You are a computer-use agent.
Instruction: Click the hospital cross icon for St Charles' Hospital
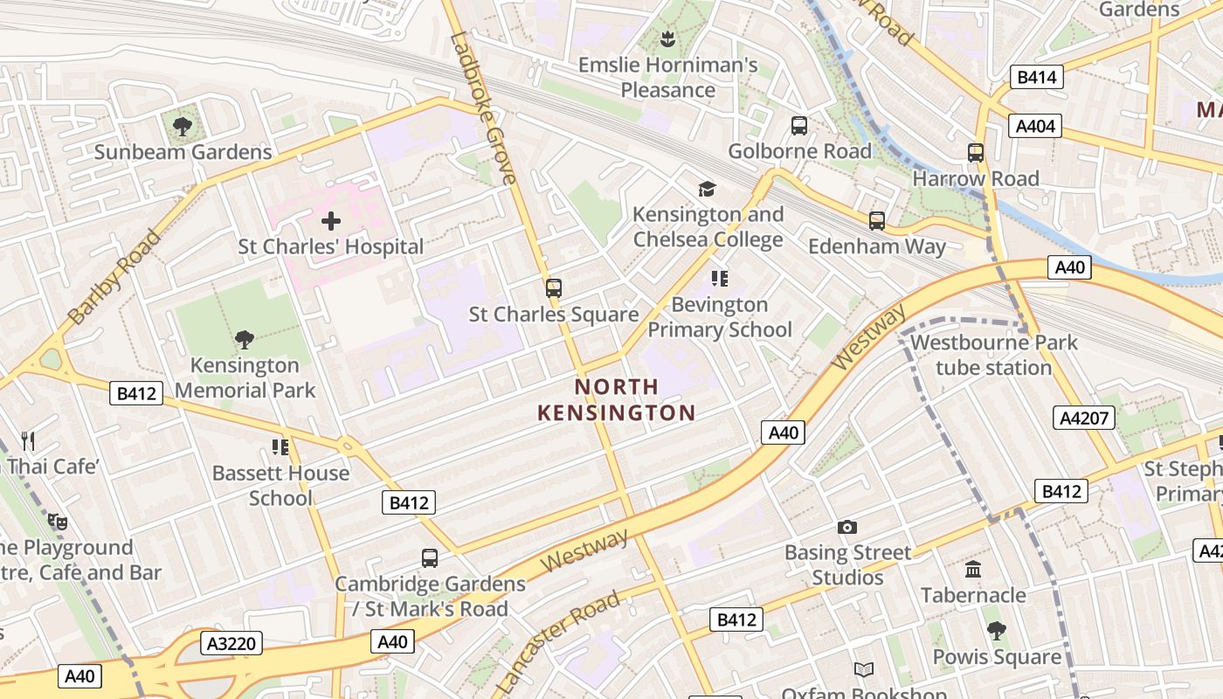tap(331, 221)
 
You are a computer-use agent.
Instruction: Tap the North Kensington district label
tap(617, 399)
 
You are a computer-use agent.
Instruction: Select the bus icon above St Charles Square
tap(553, 288)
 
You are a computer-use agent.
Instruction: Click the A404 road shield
tap(1035, 126)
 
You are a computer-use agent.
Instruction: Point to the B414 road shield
tap(1038, 77)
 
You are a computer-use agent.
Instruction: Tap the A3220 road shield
tap(232, 644)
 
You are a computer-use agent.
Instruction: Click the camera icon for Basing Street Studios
tap(846, 527)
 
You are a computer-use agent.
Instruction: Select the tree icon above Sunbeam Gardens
tap(183, 127)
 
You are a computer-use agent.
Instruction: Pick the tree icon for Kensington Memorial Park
tap(245, 339)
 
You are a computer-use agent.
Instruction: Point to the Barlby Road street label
tap(114, 277)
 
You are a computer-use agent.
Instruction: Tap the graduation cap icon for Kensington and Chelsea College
tap(707, 189)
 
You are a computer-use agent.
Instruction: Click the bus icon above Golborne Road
tap(799, 126)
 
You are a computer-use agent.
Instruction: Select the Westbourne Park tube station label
tap(994, 355)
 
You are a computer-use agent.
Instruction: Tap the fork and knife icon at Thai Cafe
tap(28, 441)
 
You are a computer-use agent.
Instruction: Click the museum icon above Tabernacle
tap(973, 570)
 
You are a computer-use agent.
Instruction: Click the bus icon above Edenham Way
tap(877, 221)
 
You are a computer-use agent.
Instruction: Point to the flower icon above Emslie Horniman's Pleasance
tap(667, 38)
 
